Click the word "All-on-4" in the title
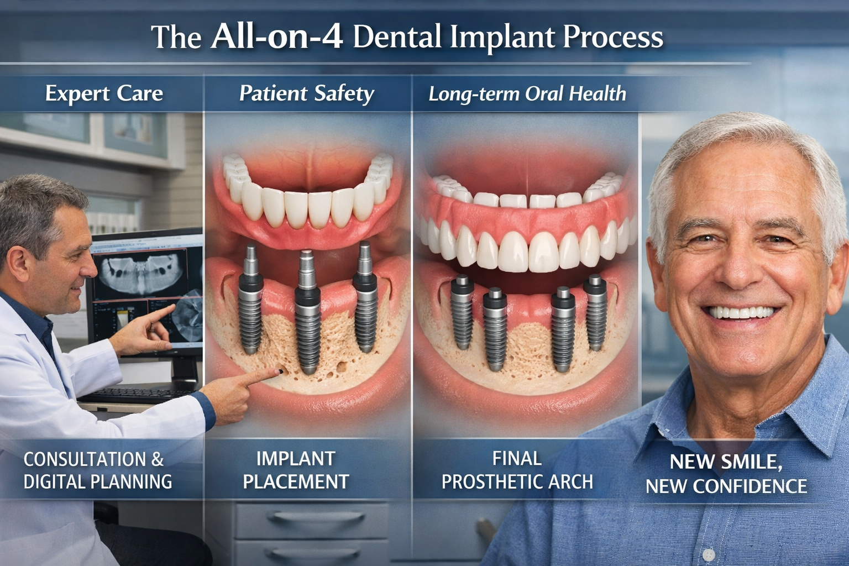tap(276, 36)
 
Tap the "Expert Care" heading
tap(104, 93)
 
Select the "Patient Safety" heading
tap(307, 93)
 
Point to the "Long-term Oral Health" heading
tap(527, 93)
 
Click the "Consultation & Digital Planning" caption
tap(97, 470)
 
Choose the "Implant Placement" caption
tap(296, 470)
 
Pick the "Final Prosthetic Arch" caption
tap(517, 470)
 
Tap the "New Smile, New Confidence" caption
tap(726, 474)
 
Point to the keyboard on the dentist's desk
tap(138, 394)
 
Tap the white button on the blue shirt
tap(709, 554)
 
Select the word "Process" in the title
tap(613, 36)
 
